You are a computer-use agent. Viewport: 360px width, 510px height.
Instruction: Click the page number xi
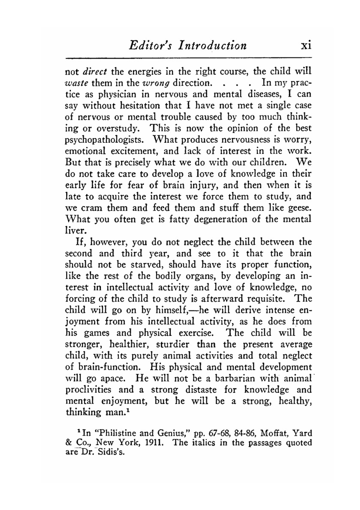pos(306,46)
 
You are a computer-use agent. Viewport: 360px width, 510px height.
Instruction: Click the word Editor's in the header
pos(148,46)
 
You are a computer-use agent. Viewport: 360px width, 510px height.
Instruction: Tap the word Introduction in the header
pos(209,46)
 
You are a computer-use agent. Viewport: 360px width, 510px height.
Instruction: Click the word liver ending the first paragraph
pos(74,230)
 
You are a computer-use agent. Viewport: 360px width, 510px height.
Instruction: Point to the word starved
pos(148,265)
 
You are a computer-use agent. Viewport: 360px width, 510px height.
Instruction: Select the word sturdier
pos(172,345)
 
